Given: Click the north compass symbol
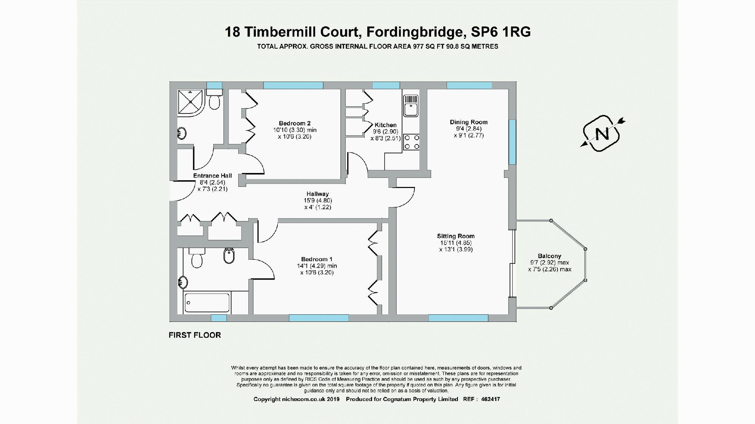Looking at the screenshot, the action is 602,134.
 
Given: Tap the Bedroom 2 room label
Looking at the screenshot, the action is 294,123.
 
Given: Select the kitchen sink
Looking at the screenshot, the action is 411,106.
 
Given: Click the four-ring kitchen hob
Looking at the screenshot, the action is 411,142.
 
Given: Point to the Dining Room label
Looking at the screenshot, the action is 468,122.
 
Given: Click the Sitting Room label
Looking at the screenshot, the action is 456,236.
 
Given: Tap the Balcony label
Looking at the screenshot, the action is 549,256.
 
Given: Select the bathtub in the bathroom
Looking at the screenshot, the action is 207,303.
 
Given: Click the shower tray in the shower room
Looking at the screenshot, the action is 191,101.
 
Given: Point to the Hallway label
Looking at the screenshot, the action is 317,194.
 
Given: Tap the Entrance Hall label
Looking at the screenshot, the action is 212,176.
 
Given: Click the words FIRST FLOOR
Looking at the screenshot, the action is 195,335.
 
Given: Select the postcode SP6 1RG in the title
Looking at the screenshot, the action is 501,32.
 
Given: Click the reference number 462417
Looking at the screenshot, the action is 490,399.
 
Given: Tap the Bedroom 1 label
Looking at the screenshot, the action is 317,259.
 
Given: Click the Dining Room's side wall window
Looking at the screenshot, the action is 512,142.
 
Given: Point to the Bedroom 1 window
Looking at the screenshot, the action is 319,318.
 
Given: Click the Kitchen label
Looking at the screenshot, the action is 385,125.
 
